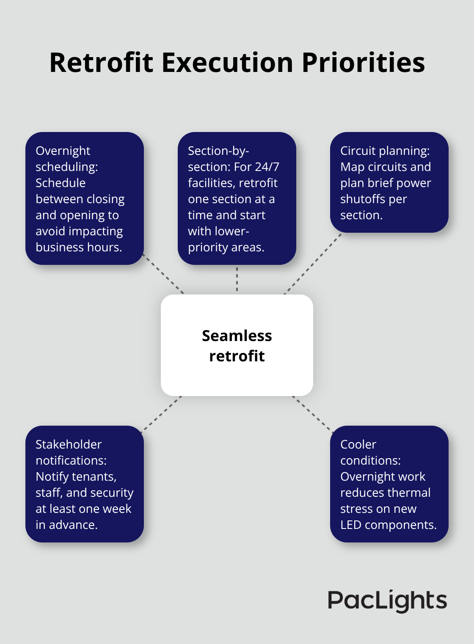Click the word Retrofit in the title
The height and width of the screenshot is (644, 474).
101,63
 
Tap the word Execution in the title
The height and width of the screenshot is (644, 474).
227,63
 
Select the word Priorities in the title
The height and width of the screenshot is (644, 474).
363,63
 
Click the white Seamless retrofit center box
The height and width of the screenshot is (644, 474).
237,345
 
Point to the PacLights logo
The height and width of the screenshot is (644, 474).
387,600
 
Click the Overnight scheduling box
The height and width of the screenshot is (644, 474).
85,198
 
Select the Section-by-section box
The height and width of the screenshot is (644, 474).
237,198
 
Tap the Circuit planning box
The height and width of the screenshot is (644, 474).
389,182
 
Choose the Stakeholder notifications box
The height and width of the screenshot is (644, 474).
85,484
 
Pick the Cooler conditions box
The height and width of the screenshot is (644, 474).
389,484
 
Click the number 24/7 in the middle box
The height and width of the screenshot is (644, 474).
267,167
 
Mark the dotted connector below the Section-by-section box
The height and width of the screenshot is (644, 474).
237,279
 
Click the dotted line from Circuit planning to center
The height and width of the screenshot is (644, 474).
312,264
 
